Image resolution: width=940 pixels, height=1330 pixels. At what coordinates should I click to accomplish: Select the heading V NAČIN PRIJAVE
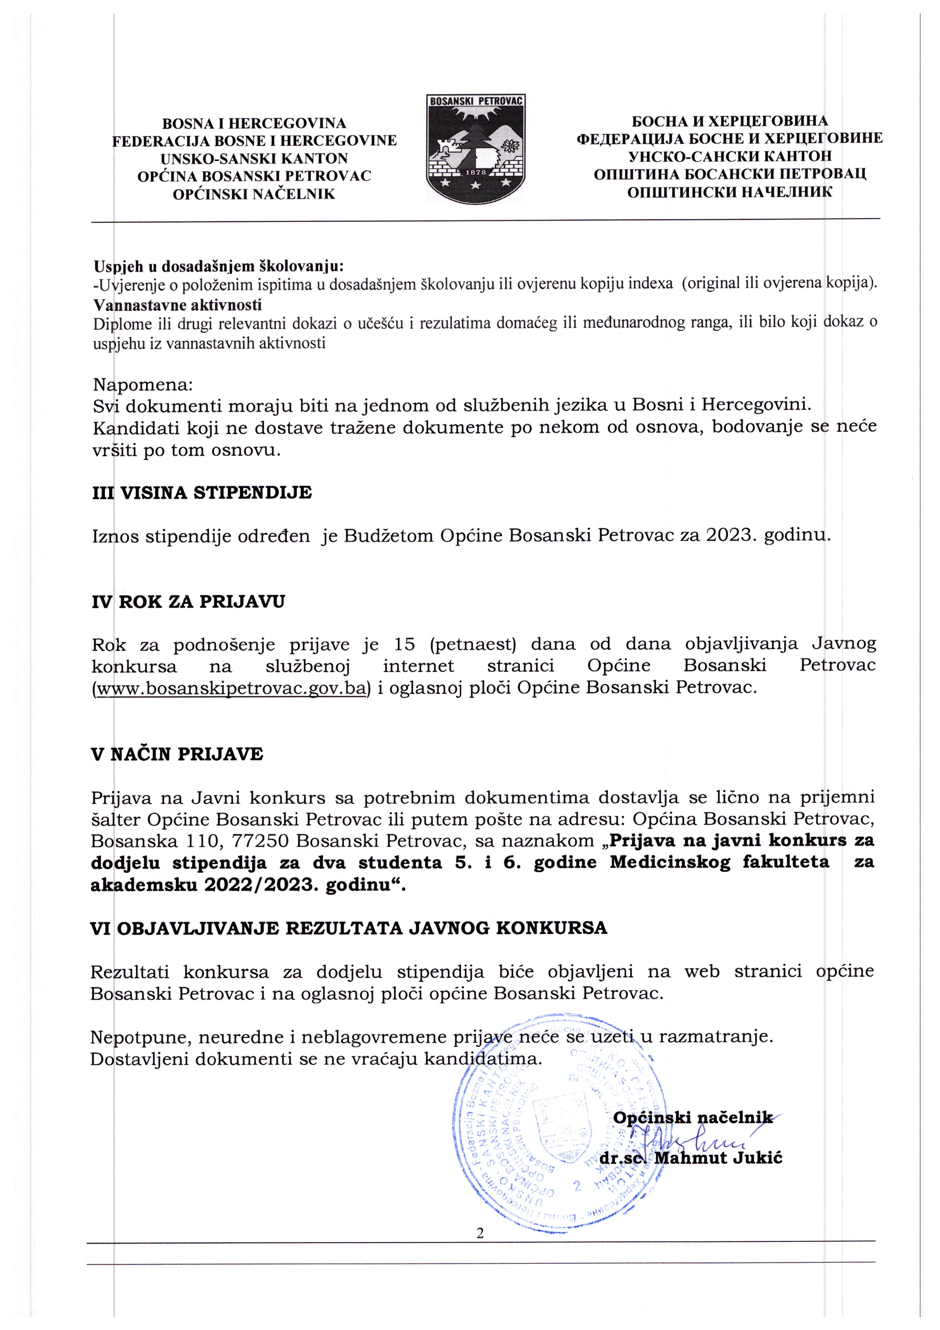pos(177,754)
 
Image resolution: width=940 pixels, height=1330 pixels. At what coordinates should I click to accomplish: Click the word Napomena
pos(143,385)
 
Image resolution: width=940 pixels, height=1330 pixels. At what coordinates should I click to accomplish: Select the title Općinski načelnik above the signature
pos(692,1117)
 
